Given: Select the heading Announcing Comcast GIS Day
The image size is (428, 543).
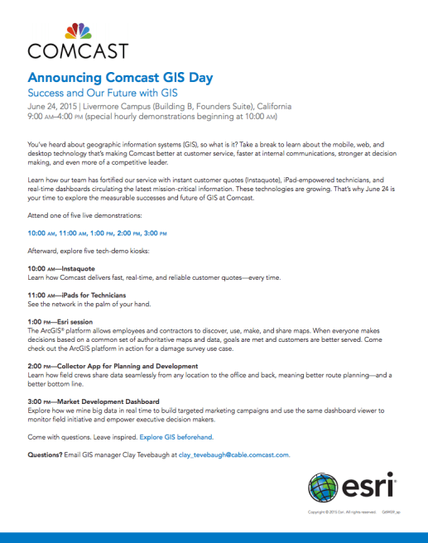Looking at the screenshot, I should (120, 79).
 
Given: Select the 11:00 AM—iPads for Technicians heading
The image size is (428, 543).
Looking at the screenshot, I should (76, 295).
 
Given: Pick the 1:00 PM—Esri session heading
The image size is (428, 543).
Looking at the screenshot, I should (60, 321).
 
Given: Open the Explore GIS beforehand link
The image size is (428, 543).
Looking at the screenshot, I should (175, 435).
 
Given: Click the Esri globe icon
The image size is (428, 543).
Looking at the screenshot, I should (322, 488).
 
